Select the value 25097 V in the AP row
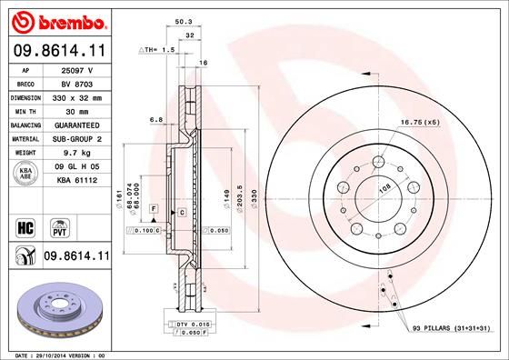point(76,70)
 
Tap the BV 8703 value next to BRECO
point(76,83)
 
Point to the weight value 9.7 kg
point(76,154)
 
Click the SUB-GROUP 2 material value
point(76,139)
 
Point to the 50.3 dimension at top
point(182,20)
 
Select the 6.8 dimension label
point(155,119)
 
